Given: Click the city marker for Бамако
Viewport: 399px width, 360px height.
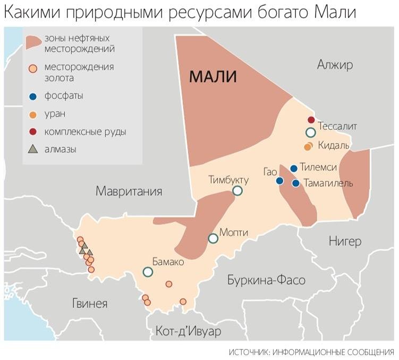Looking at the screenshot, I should coord(148,272).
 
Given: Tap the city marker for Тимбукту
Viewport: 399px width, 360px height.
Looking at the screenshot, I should coord(237,190).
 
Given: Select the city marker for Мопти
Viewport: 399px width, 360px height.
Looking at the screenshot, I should coord(213,238).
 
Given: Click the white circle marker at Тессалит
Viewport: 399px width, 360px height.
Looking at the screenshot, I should coord(311,132).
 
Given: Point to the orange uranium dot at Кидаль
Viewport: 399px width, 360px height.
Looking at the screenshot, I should coord(307,146).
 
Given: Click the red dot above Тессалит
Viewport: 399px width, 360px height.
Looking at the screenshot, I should coord(311,119).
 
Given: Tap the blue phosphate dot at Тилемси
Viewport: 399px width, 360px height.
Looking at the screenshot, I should coord(293,169).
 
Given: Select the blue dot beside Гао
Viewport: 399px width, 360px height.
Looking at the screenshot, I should coord(279,181).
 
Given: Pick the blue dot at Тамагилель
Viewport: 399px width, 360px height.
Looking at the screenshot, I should coord(296,183).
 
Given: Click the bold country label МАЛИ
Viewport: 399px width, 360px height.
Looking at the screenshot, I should coord(213,78).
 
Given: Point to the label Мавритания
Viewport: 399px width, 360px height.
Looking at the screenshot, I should coord(129,191).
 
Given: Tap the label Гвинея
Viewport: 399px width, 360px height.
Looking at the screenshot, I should coord(90,304).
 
